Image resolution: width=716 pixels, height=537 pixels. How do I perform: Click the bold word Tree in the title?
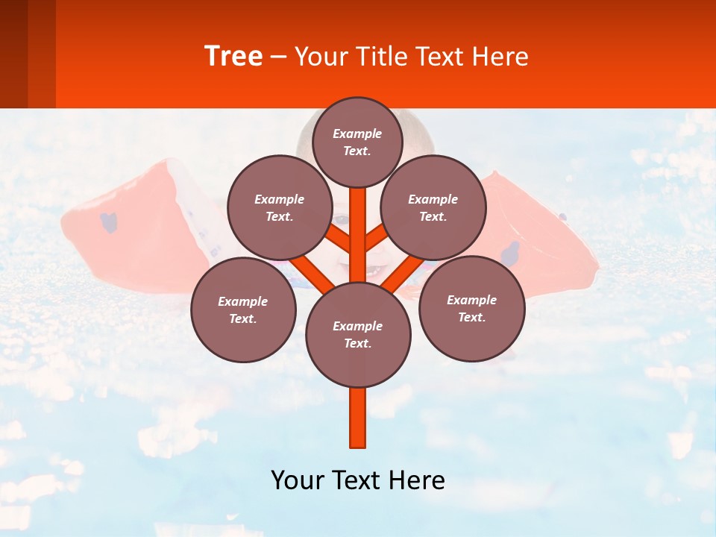233,57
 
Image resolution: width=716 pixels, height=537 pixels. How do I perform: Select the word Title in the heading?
377,57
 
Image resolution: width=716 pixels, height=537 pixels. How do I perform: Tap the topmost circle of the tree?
357,142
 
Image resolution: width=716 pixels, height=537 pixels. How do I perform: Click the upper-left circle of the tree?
280,207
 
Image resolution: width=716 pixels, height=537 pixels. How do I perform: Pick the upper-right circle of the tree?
433,207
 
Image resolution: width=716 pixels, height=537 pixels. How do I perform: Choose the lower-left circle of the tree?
243,310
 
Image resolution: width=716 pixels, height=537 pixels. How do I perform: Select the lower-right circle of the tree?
472,308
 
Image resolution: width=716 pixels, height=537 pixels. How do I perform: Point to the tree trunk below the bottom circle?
358,418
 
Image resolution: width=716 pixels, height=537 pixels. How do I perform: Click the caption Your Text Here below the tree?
358,480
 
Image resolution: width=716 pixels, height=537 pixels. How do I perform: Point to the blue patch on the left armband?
110,222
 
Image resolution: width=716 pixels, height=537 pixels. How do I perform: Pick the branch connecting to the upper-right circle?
377,239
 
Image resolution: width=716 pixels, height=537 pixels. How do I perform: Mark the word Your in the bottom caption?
296,480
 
